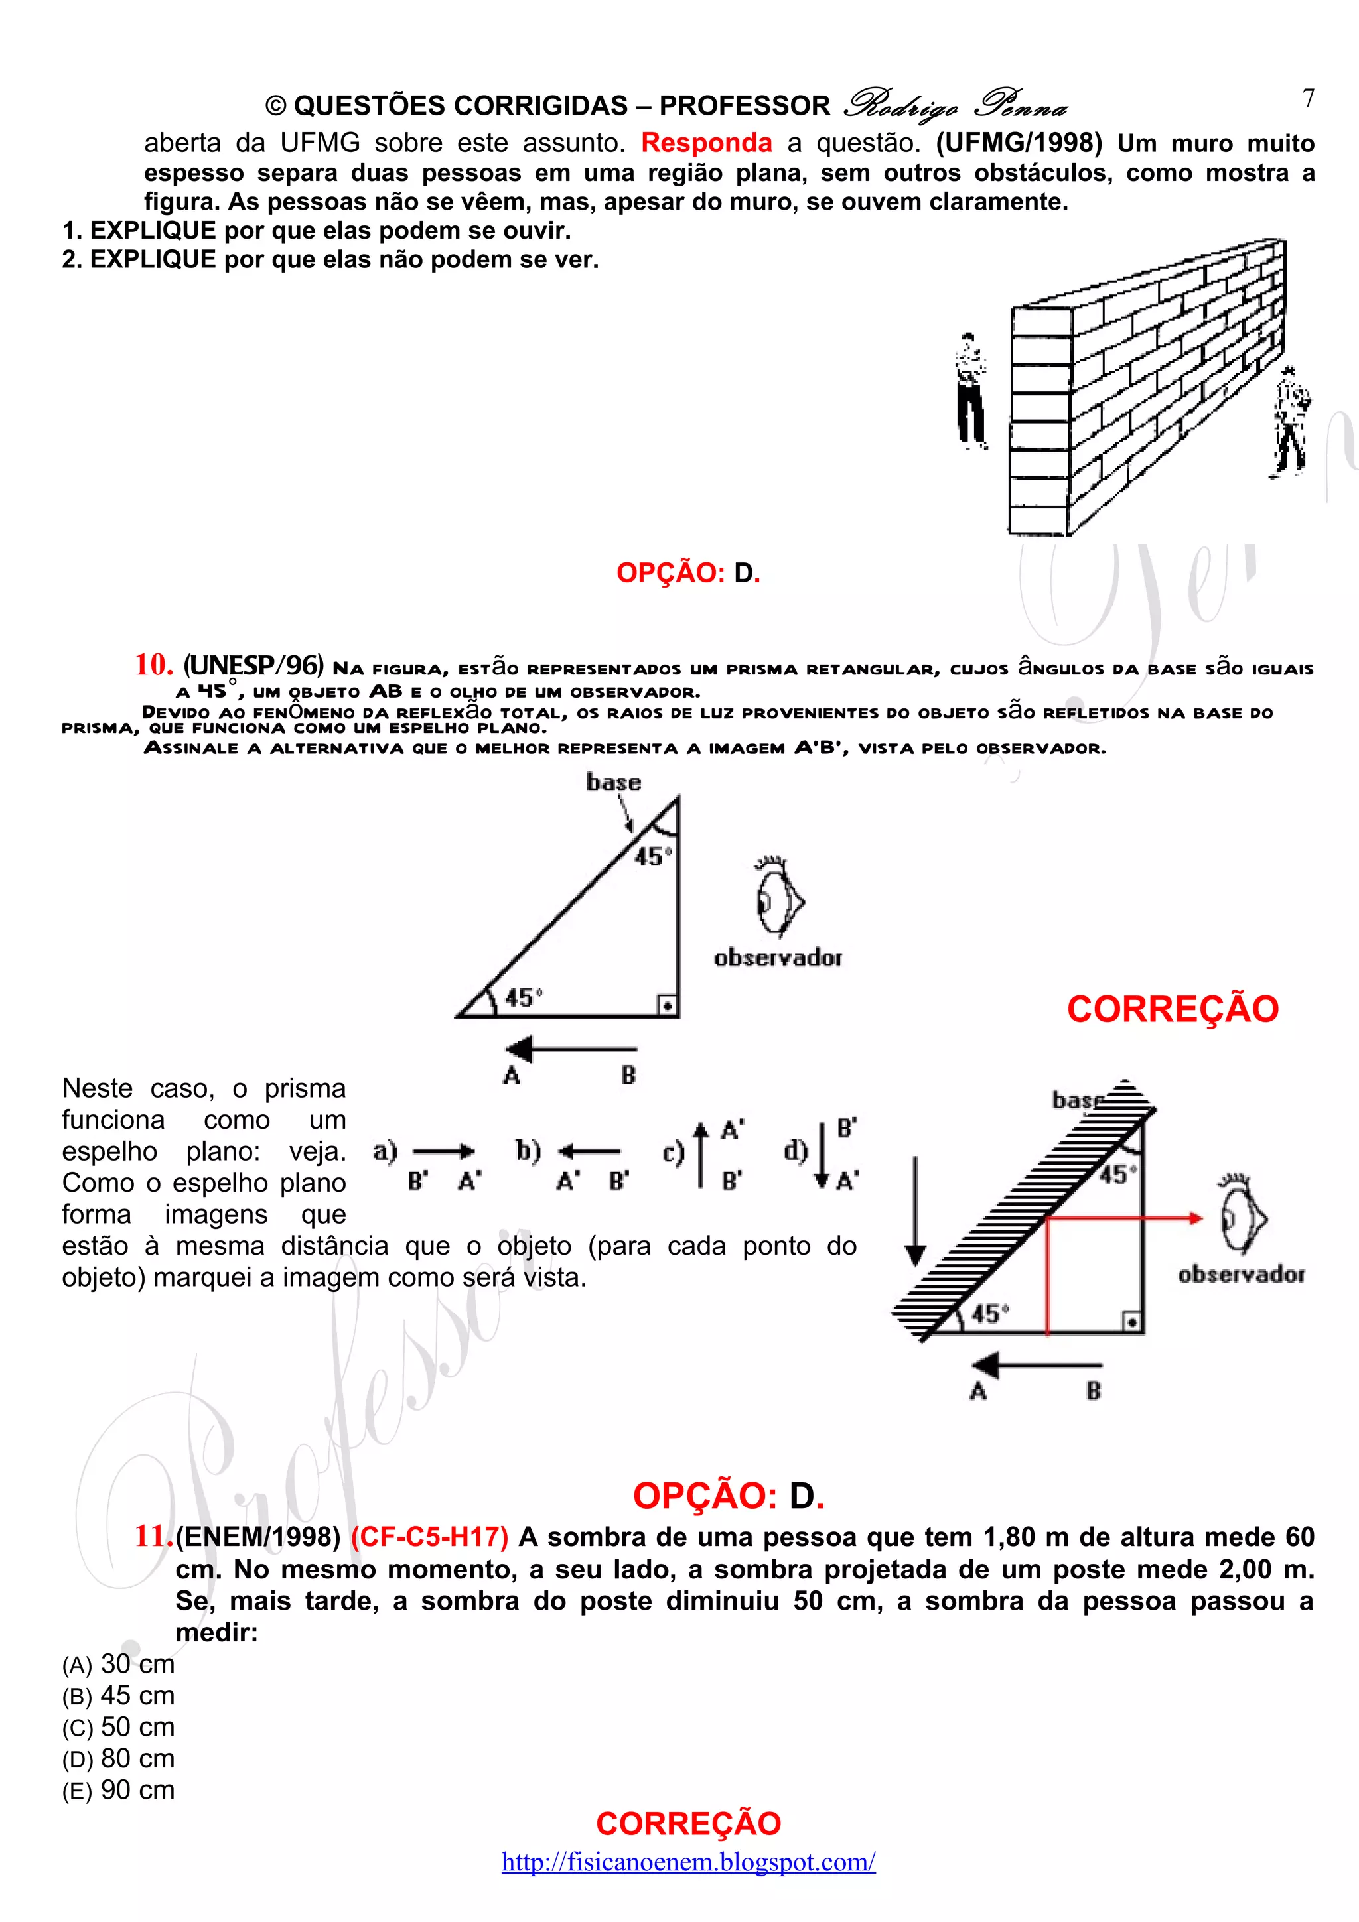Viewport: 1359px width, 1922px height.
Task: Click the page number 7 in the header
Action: pyautogui.click(x=1308, y=99)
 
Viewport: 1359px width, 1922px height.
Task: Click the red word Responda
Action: pyautogui.click(x=706, y=143)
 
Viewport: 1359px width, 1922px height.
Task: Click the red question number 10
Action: pyautogui.click(x=153, y=665)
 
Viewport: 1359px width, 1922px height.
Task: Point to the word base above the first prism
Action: pyautogui.click(x=613, y=782)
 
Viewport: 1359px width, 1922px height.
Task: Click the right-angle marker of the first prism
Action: pyautogui.click(x=668, y=1005)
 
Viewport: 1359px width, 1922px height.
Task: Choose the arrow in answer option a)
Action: pyautogui.click(x=443, y=1153)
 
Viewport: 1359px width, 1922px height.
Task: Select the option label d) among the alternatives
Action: pyautogui.click(x=796, y=1151)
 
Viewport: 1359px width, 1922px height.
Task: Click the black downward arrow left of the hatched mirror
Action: pyautogui.click(x=916, y=1211)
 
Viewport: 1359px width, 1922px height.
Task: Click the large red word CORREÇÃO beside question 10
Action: pyautogui.click(x=1173, y=1009)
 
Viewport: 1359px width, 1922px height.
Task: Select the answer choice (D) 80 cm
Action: pyautogui.click(x=118, y=1758)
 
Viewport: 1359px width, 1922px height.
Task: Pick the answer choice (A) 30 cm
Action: pyautogui.click(x=118, y=1663)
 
